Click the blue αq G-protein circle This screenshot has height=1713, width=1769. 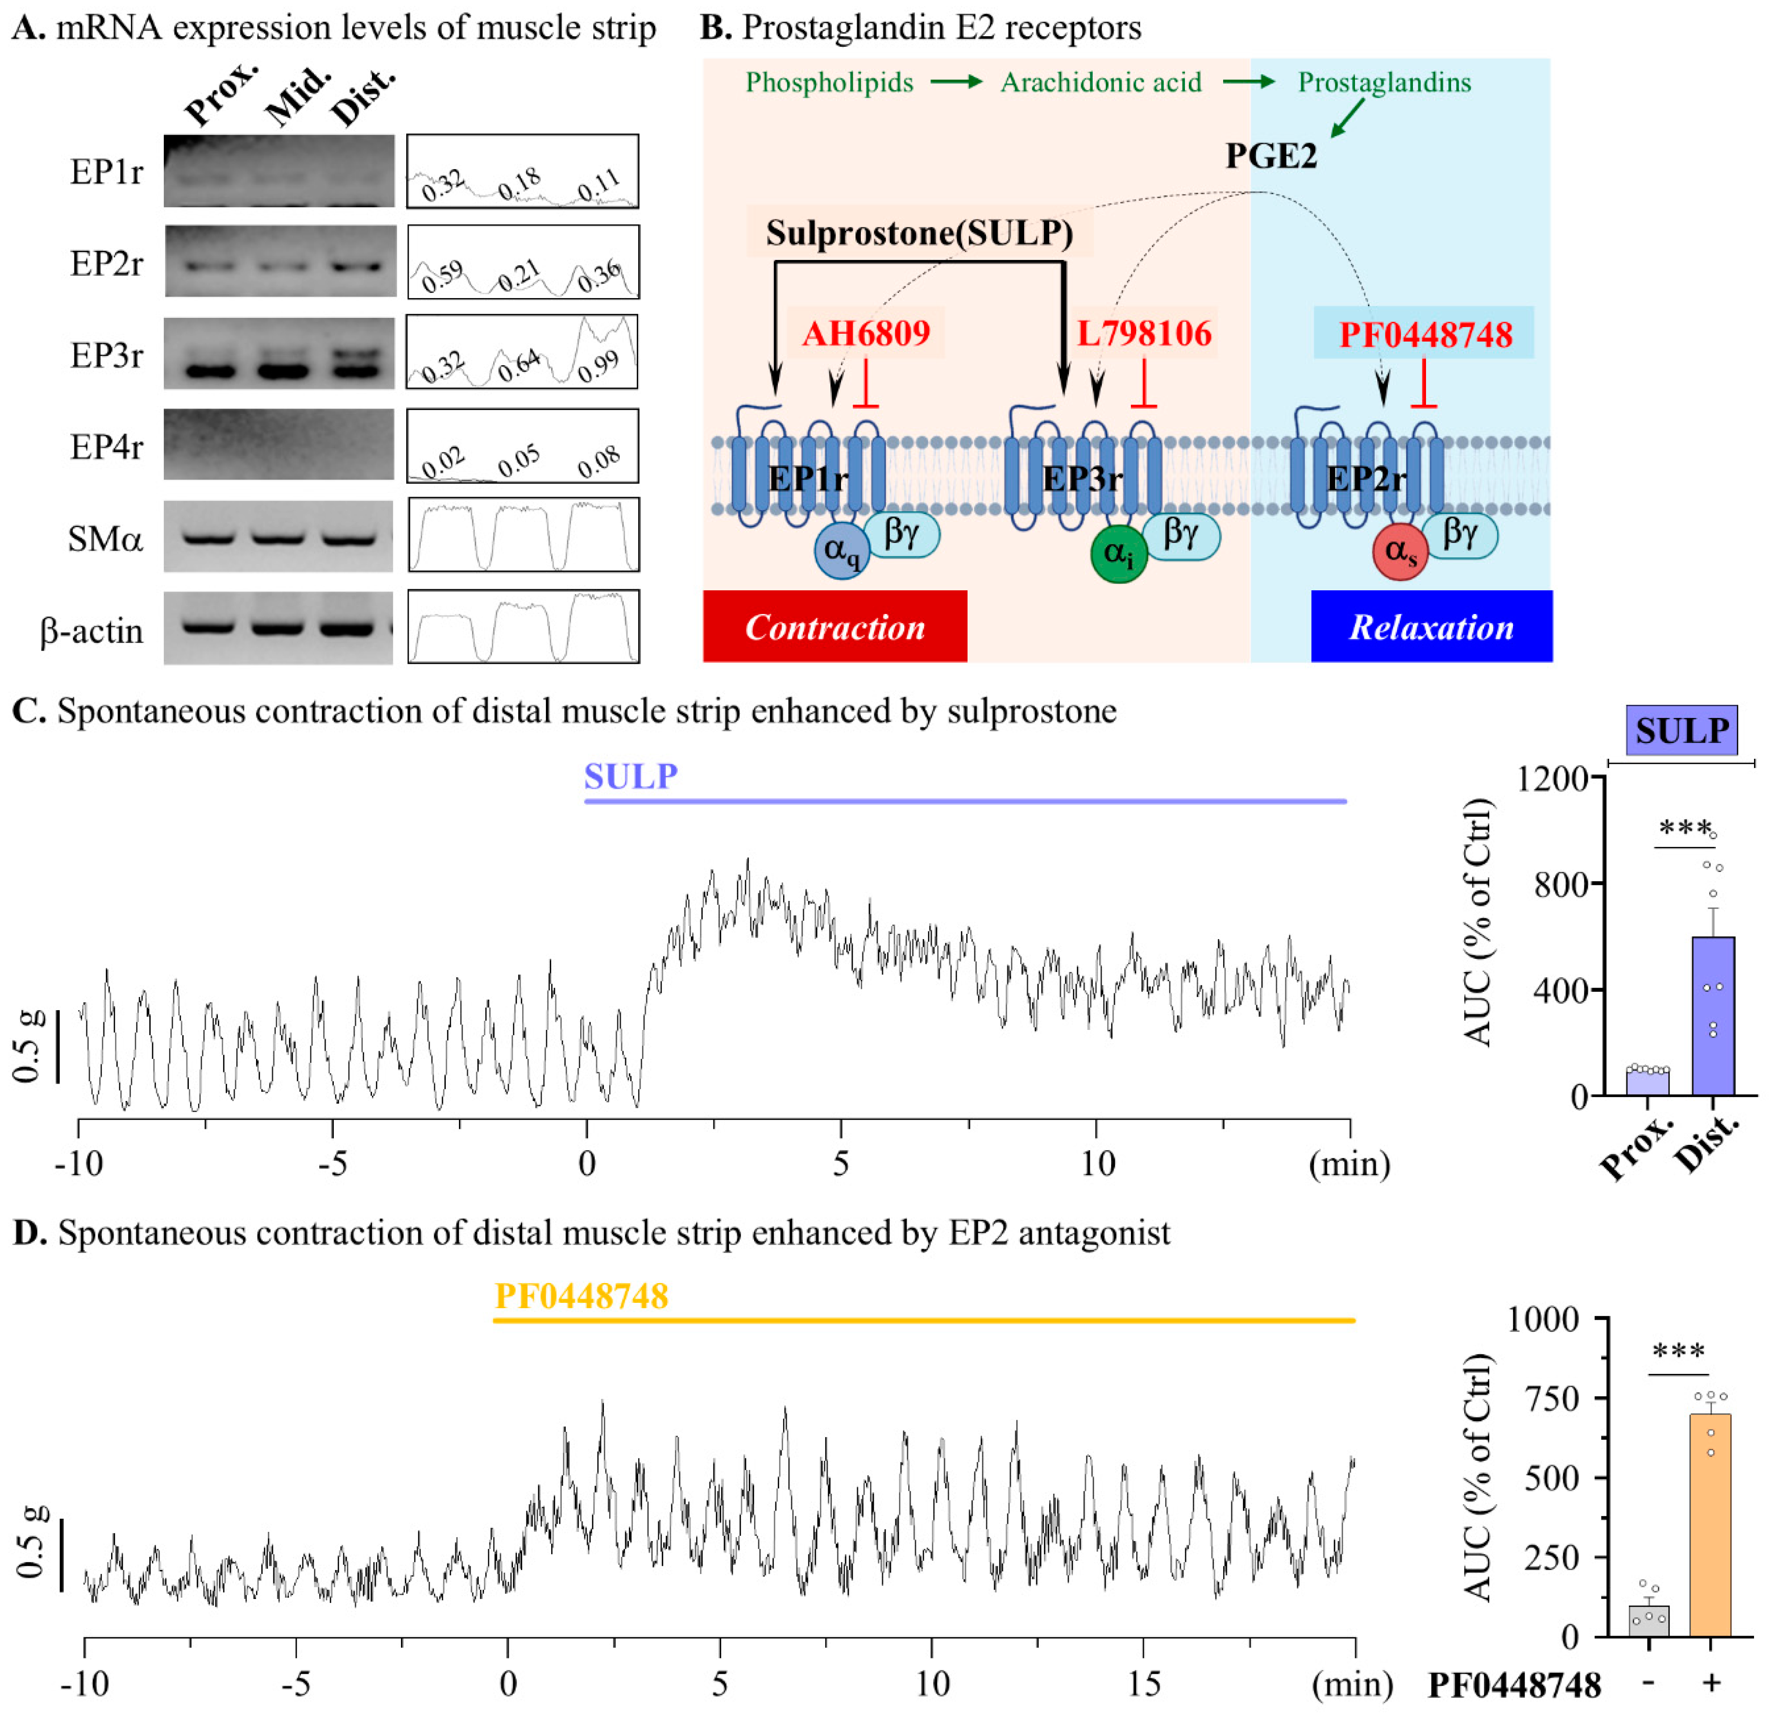[841, 551]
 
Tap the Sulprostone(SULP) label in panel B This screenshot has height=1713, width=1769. [919, 233]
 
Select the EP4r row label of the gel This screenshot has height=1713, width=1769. [106, 446]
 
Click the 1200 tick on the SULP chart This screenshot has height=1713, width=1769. [1553, 777]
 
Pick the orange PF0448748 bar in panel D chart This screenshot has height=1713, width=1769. [1710, 1525]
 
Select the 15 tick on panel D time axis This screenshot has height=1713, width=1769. [1143, 1683]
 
